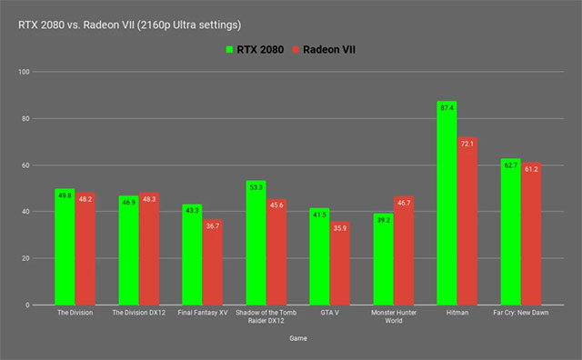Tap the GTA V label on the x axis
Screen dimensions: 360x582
329,314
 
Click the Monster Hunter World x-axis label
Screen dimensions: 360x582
393,317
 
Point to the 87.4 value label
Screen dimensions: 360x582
447,110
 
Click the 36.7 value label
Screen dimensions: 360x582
213,225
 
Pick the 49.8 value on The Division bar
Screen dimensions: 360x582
65,195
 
